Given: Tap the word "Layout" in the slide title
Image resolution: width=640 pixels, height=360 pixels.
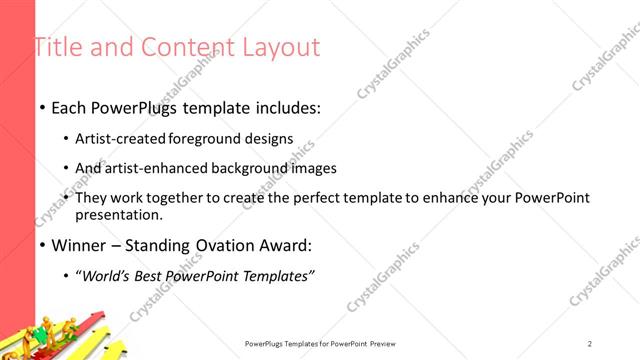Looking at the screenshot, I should click(x=283, y=47).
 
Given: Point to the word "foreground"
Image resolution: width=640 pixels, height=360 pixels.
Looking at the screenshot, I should click(x=207, y=139).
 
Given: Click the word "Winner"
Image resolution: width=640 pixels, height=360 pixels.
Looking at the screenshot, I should click(x=77, y=244).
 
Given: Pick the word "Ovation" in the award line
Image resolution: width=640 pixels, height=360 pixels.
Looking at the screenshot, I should click(x=222, y=244).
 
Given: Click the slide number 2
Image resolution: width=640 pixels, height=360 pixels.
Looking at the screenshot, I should click(x=590, y=344).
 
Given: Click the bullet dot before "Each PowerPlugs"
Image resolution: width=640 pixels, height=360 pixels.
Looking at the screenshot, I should click(x=41, y=106).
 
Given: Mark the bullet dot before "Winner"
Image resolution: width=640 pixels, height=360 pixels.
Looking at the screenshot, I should click(x=41, y=245).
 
